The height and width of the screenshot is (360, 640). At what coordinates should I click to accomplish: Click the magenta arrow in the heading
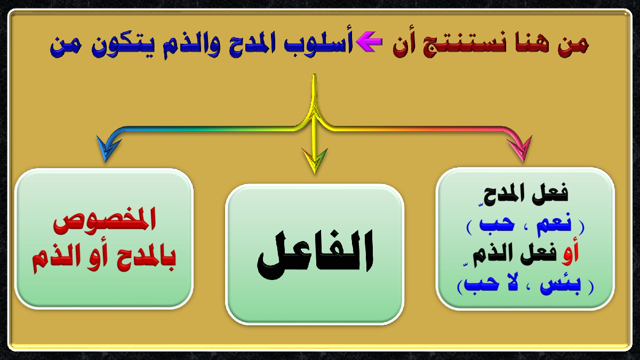point(369,42)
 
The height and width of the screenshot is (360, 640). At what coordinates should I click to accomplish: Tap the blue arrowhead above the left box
point(108,148)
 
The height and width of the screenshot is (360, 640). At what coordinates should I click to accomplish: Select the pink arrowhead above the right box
point(521,149)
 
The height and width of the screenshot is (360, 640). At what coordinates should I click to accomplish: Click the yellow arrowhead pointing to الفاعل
point(315,161)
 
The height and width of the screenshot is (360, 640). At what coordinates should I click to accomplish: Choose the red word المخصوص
point(105,220)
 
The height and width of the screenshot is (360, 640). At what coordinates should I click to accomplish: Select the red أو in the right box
point(570,253)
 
